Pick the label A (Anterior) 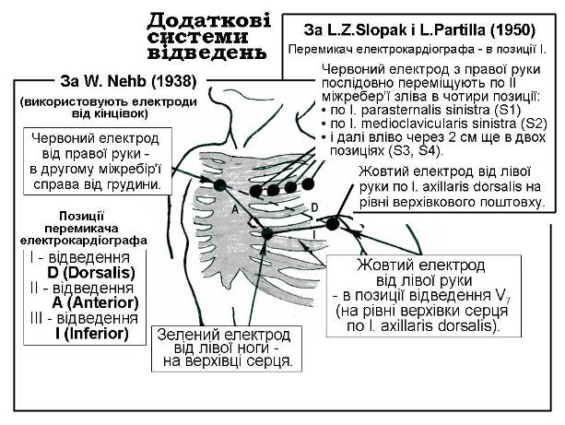pos(83,302)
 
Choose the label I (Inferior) pos(79,333)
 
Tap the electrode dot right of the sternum pos(220,186)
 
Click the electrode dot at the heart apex pos(267,234)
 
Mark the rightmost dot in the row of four pos(307,183)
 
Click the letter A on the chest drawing pos(236,210)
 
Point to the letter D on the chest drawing pos(312,207)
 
